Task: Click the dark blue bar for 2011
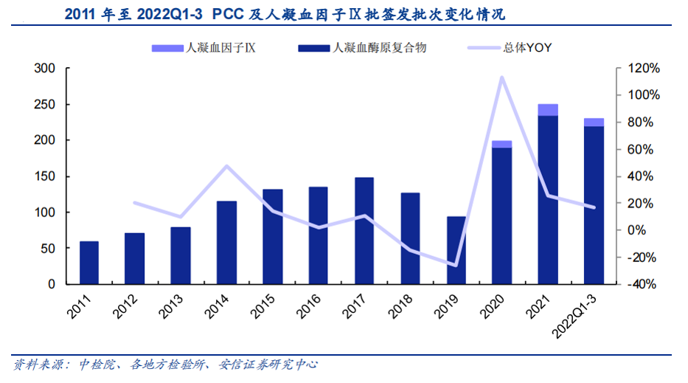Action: (x=88, y=263)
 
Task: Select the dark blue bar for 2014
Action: (x=226, y=242)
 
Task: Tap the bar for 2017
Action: (x=364, y=230)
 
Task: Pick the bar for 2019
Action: (x=456, y=250)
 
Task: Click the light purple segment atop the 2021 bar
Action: (x=548, y=110)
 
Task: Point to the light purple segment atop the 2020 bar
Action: (x=502, y=144)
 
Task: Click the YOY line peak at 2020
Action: (x=502, y=77)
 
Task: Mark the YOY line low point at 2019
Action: (x=456, y=265)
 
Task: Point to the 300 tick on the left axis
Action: (x=46, y=69)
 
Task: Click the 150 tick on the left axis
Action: (x=46, y=176)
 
